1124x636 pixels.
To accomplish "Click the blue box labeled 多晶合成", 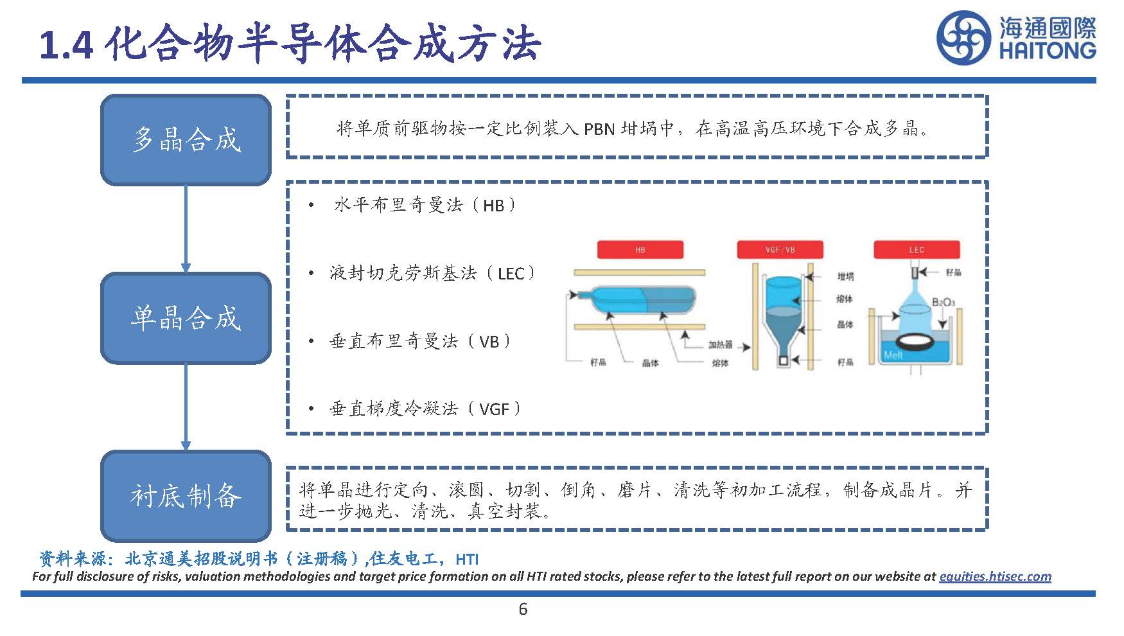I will [186, 140].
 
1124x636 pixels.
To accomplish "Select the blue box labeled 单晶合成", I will [186, 318].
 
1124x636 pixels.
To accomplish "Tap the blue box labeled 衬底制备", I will [186, 495].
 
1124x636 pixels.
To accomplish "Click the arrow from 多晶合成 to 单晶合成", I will [186, 228].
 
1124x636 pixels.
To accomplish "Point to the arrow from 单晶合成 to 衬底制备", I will [186, 407].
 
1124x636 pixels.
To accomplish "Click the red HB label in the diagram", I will [640, 250].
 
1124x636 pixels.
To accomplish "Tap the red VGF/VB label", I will [780, 250].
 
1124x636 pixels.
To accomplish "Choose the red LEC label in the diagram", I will [917, 250].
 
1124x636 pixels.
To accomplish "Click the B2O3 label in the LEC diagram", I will [943, 302].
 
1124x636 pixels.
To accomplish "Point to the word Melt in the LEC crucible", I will [893, 355].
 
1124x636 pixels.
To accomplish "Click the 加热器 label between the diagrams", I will [720, 345].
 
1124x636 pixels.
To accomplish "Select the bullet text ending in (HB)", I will [424, 206].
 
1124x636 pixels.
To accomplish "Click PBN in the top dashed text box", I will [599, 130].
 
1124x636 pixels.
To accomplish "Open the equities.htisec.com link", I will [995, 576].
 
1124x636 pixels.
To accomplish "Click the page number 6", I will [523, 609].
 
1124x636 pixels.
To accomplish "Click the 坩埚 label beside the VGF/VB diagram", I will [845, 277].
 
